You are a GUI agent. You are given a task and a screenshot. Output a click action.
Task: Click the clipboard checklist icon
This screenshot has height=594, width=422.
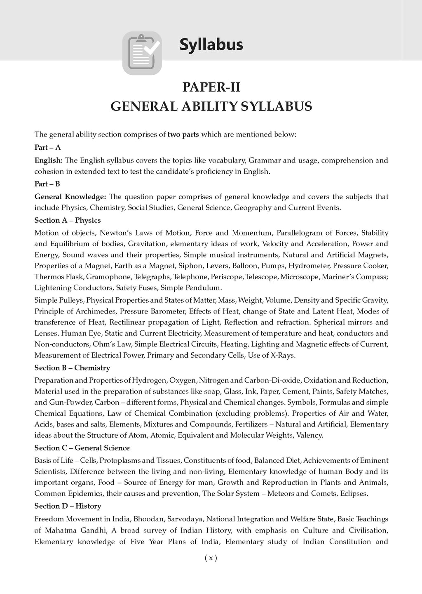[142, 53]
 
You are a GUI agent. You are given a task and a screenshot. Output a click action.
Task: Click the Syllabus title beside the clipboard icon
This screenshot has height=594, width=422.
[211, 45]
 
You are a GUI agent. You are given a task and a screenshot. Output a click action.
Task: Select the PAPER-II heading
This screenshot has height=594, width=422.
[211, 87]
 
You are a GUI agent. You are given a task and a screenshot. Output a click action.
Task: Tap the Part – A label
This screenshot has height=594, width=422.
[47, 147]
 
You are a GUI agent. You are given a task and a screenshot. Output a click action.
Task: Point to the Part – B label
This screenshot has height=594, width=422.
[47, 184]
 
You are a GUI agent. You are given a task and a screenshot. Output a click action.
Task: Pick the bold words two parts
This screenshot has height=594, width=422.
[183, 134]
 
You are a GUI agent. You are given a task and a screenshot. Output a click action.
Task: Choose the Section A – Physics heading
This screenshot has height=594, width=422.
[68, 220]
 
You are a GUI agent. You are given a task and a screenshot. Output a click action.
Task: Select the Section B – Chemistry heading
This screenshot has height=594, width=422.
[72, 368]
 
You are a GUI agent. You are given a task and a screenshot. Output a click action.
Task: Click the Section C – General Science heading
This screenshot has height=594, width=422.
[82, 448]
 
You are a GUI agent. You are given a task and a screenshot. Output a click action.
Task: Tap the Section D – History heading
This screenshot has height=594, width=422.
[68, 506]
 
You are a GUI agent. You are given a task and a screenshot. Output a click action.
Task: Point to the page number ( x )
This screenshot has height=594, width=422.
[211, 558]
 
